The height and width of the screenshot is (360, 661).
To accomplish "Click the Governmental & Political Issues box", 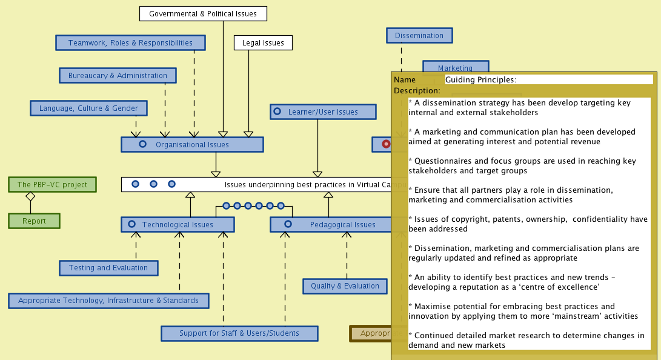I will (x=203, y=13).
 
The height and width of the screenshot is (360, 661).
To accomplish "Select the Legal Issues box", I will (x=263, y=42).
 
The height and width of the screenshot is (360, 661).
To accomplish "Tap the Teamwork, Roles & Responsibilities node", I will (x=130, y=42).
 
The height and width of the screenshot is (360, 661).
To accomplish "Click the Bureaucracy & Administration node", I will (x=118, y=75).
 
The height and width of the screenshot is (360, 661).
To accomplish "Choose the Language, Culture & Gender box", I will (x=88, y=108).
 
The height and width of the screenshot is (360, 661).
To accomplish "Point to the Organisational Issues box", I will (x=192, y=144).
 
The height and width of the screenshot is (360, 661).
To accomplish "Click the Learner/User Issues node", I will (x=323, y=112).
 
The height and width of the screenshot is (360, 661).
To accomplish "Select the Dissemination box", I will (x=419, y=35).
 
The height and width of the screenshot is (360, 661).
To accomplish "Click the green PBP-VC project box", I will (x=52, y=184).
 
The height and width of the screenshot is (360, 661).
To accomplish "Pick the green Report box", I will (x=34, y=221).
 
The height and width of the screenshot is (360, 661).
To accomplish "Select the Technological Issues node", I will (x=178, y=224).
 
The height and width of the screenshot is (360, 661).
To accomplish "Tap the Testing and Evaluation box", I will (x=108, y=267).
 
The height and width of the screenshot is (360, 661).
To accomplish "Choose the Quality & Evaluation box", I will (x=345, y=285).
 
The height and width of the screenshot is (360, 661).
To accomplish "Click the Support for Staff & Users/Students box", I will (x=239, y=333).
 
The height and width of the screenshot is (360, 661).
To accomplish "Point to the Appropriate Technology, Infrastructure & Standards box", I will (x=108, y=300).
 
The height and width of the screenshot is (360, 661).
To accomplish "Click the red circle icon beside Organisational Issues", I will (x=386, y=144).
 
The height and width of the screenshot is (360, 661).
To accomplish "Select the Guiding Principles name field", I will (x=548, y=79).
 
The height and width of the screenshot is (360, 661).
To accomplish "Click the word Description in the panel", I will (x=416, y=90).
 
